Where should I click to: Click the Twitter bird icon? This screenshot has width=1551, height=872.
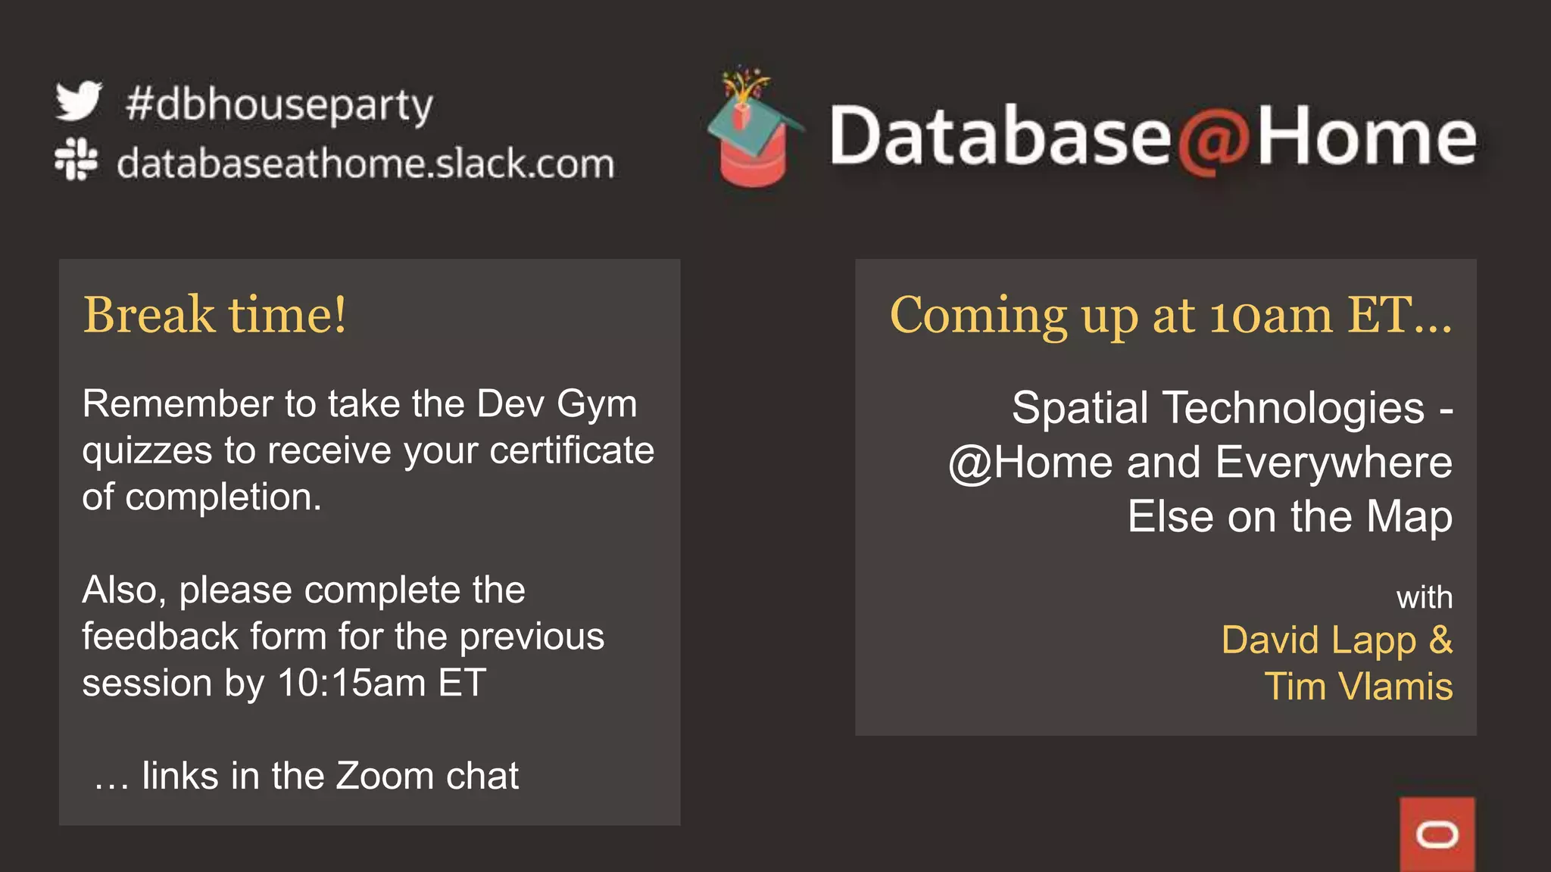79,101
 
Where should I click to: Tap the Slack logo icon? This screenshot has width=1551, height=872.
76,159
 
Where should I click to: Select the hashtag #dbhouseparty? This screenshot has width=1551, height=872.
279,105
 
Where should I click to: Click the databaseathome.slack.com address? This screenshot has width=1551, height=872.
365,163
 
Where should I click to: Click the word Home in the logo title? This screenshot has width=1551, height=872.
1366,136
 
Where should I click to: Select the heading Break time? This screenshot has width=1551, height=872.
215,314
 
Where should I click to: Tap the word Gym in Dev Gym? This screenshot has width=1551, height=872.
597,404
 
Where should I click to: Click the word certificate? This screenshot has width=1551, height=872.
572,451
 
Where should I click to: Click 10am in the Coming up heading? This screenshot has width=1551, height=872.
1270,315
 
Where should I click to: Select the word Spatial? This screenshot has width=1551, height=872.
1080,408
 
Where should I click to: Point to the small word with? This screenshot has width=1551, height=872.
1424,598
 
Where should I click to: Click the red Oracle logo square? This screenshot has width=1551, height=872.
1437,834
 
